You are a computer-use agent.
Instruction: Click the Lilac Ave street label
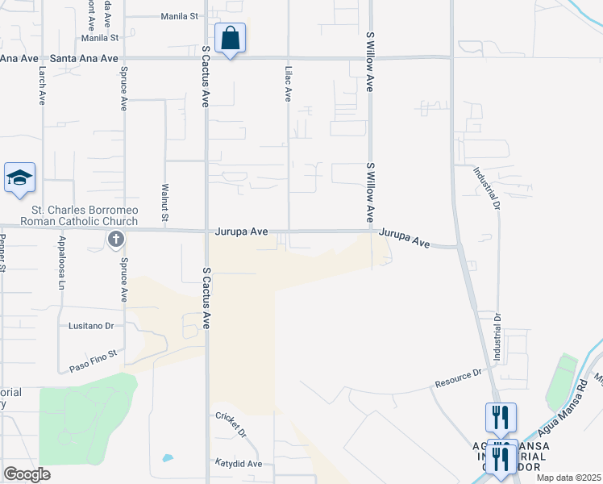[x=287, y=83]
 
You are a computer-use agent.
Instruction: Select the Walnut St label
[x=164, y=202]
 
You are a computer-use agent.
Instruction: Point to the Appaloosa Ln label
[x=60, y=263]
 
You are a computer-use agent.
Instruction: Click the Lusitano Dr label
[x=94, y=326]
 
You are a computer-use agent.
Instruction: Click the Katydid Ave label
[x=238, y=464]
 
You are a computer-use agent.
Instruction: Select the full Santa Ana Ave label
[x=84, y=58]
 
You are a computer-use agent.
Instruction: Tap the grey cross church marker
[x=116, y=240]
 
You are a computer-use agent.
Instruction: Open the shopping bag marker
[x=230, y=38]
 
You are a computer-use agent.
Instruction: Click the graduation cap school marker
[x=19, y=178]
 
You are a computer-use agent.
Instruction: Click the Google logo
[x=27, y=474]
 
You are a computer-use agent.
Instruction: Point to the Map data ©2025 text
[x=568, y=478]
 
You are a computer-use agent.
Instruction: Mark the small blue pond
[x=168, y=458]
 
